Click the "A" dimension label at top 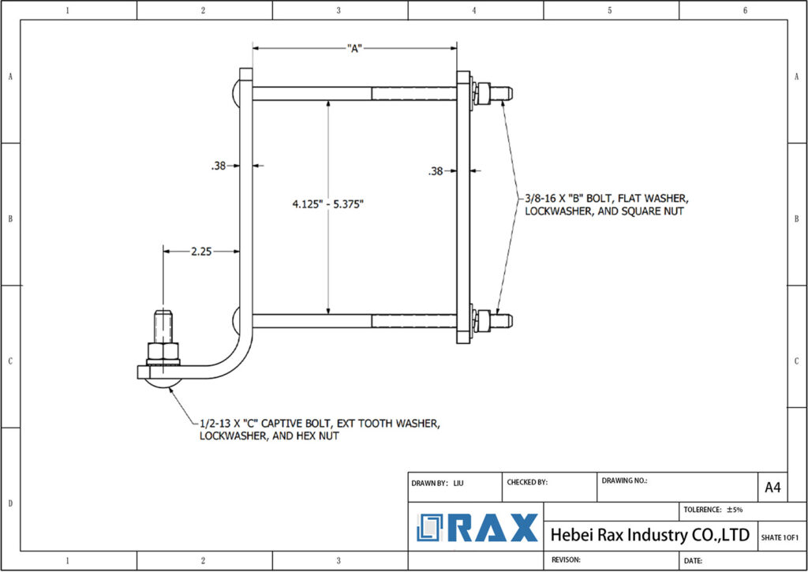(354, 49)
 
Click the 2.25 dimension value (200, 252)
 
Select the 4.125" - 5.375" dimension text (327, 204)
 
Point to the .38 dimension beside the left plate (218, 166)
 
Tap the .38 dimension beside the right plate (436, 171)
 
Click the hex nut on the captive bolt (163, 350)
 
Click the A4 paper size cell (773, 488)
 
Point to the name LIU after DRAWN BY (458, 481)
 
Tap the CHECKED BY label (526, 481)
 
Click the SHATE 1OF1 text (780, 537)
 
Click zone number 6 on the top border (745, 10)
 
